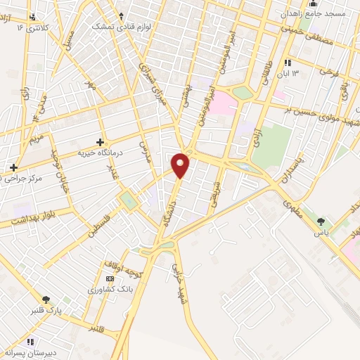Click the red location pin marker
[181, 165]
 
